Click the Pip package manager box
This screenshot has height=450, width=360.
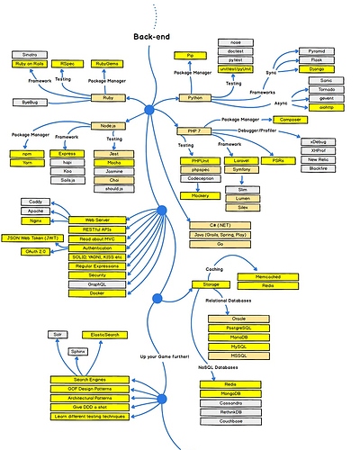(191, 56)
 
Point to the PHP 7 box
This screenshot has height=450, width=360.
(192, 131)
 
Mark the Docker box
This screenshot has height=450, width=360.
(96, 292)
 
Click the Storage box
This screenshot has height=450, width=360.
(198, 283)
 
